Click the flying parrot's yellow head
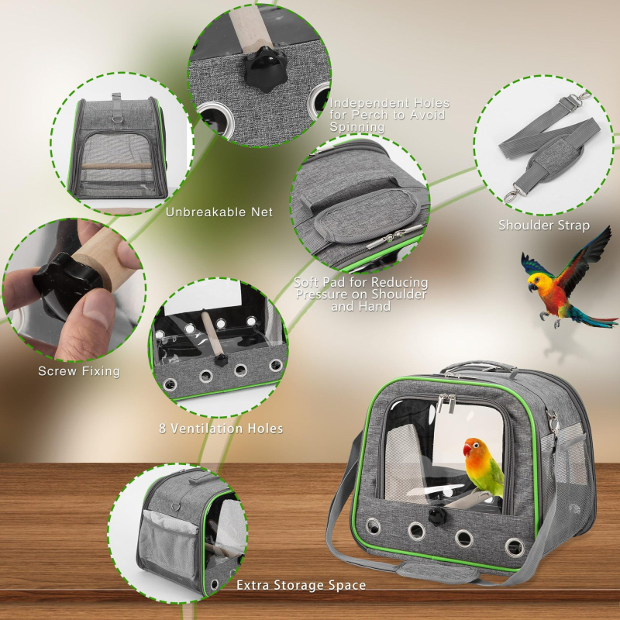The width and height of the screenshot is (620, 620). coord(539,281)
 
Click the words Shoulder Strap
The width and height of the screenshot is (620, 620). coord(544,226)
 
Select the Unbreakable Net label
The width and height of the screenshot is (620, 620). coord(219,212)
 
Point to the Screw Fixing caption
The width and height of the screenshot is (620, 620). coord(79,371)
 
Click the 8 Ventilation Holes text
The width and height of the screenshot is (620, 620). coord(221,429)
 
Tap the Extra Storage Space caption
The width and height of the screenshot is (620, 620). coord(301,585)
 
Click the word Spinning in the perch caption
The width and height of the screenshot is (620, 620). coord(352,127)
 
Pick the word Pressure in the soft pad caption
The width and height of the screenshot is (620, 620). coord(320,294)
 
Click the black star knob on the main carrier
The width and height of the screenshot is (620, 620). coord(437,515)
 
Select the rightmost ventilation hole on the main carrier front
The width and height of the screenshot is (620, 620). coord(514,547)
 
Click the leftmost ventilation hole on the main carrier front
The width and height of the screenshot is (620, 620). coord(373,526)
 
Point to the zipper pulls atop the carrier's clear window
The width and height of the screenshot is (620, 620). coord(445,402)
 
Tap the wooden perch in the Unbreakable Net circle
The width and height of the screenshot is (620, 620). coord(117,166)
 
